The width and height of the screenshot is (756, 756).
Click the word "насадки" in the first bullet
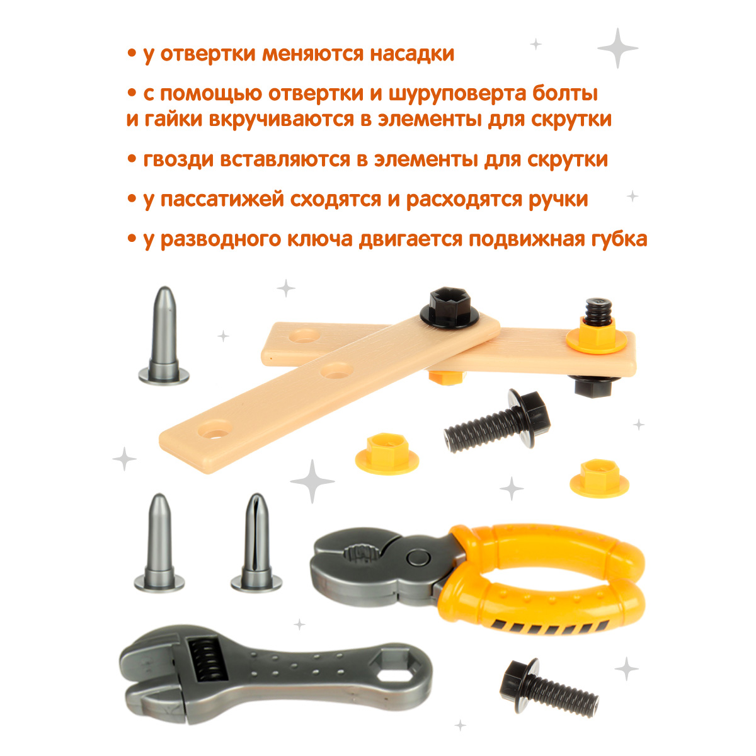tap(411, 54)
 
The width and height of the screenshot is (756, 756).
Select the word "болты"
tap(563, 94)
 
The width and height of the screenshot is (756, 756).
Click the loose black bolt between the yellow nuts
tap(497, 418)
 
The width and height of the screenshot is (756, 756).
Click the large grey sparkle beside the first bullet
tap(617, 47)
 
